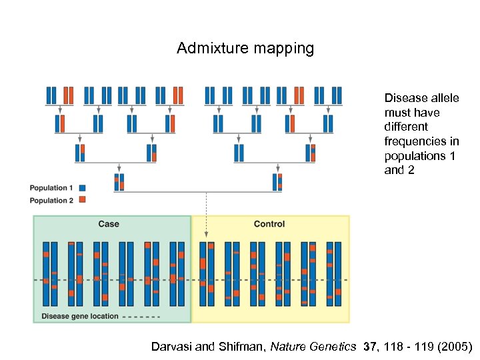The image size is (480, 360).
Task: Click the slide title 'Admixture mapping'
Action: click(245, 49)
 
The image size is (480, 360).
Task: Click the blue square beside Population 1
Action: click(82, 188)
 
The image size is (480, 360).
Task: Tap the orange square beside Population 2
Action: click(82, 199)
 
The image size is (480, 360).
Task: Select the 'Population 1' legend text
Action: click(51, 188)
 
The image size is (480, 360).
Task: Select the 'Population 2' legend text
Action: click(51, 200)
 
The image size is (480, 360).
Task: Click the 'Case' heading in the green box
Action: click(109, 224)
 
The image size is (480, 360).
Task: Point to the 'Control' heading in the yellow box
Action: click(269, 224)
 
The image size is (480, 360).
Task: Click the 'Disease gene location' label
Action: click(80, 316)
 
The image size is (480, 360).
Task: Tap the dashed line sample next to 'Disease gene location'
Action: click(142, 316)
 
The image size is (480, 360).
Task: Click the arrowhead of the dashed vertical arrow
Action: click(206, 234)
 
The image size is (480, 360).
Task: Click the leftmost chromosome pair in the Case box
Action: click(50, 273)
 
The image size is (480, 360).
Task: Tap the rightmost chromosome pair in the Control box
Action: click(333, 273)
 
